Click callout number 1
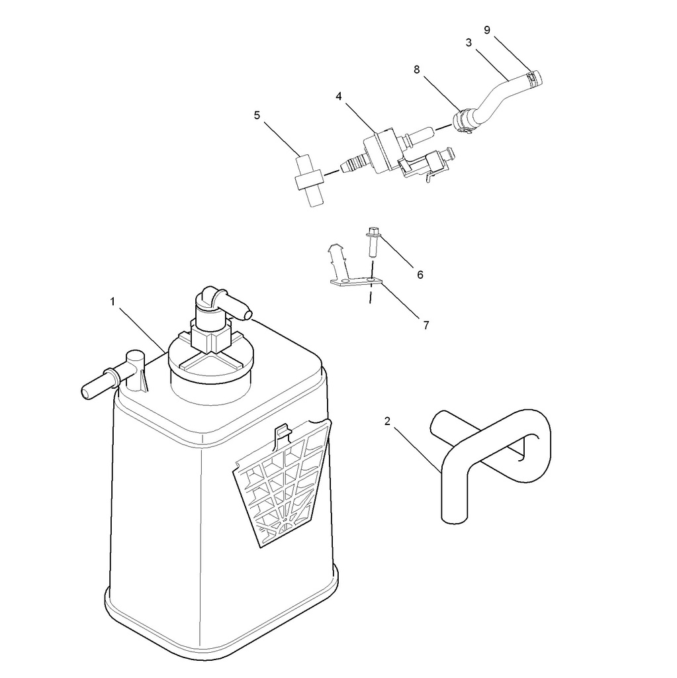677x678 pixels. pos(113,301)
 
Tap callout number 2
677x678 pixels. pos(387,420)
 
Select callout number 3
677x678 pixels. pos(469,42)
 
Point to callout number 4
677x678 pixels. pos(339,96)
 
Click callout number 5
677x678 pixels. pos(257,115)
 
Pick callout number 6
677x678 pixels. pos(420,275)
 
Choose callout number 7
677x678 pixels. pos(426,324)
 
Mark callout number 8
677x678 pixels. pos(416,69)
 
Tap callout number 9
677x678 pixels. pos(487,30)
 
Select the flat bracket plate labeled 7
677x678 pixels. pos(357,282)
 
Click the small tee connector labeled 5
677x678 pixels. pos(310,179)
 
